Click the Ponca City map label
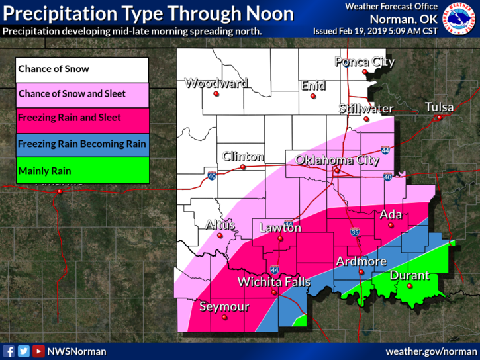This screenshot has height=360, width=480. pyautogui.click(x=364, y=62)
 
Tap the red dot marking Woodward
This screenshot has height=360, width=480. pyautogui.click(x=216, y=94)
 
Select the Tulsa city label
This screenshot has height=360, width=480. pyautogui.click(x=439, y=107)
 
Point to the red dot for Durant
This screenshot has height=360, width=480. pyautogui.click(x=410, y=286)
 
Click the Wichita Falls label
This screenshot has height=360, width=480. pyautogui.click(x=274, y=282)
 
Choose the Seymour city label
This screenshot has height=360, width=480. pyautogui.click(x=224, y=307)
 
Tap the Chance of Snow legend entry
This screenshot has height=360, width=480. pyautogui.click(x=83, y=69)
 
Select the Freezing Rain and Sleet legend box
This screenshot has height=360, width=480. pyautogui.click(x=83, y=118)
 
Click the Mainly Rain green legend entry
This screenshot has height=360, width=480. pyautogui.click(x=83, y=171)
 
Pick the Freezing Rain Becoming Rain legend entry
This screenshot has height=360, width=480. pyautogui.click(x=83, y=144)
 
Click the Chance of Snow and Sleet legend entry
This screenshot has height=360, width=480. pyautogui.click(x=83, y=94)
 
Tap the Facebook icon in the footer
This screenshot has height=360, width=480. pyautogui.click(x=9, y=351)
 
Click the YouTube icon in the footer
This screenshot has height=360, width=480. pyautogui.click(x=38, y=351)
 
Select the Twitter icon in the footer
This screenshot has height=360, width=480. pyautogui.click(x=24, y=351)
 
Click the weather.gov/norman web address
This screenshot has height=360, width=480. pyautogui.click(x=430, y=351)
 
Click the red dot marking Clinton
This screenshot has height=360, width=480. pyautogui.click(x=243, y=167)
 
